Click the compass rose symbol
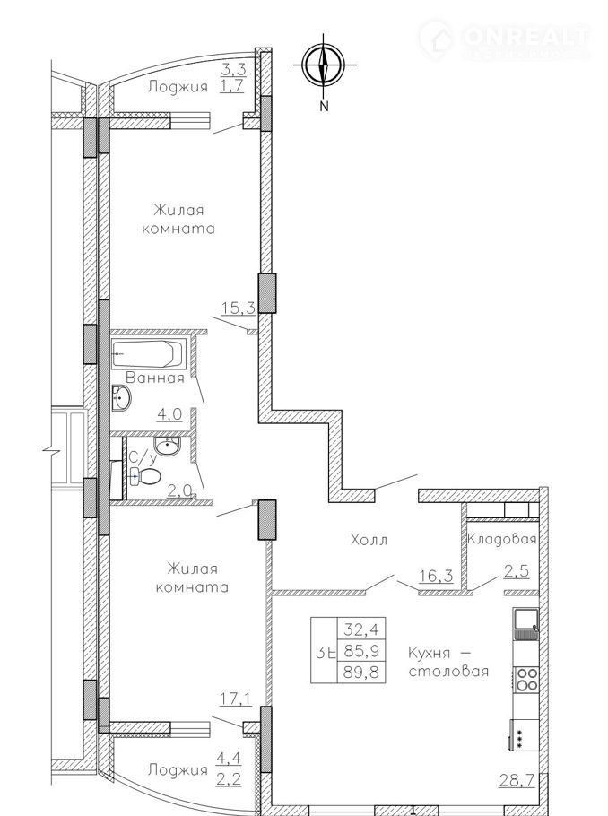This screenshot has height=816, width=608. [x=324, y=65]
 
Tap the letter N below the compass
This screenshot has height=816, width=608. [x=325, y=106]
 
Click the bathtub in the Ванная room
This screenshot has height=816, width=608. [x=149, y=352]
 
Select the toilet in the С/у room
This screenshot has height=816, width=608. [x=146, y=475]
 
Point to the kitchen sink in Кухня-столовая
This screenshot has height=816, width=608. [x=526, y=623]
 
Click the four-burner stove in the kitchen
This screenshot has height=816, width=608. [x=526, y=680]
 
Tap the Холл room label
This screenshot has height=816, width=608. [x=369, y=540]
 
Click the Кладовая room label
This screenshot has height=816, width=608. [x=502, y=539]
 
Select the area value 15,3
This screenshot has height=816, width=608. [x=239, y=308]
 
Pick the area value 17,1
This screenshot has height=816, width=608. [x=235, y=699]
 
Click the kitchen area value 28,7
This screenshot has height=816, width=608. [x=518, y=794]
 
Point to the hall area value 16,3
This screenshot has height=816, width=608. [x=436, y=576]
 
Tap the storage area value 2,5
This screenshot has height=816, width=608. [x=517, y=571]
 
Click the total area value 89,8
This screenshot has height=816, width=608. [x=361, y=673]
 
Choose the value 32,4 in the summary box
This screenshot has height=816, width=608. [x=361, y=629]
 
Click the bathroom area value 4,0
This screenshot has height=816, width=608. [x=169, y=415]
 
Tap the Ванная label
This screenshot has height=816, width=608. [x=155, y=378]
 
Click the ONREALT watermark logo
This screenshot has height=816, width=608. [x=504, y=37]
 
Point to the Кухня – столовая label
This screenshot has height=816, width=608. [x=448, y=662]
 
